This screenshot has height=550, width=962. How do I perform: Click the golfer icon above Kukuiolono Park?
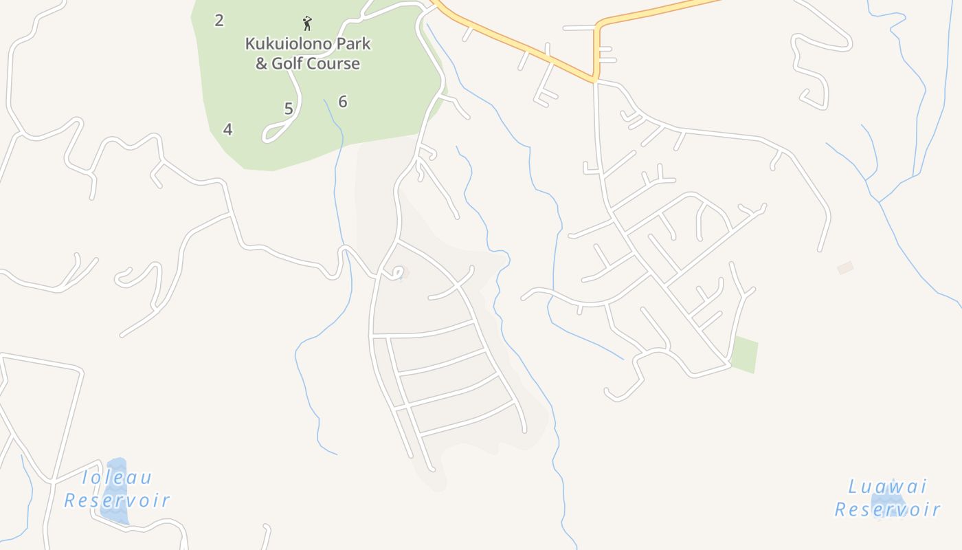pos(307,23)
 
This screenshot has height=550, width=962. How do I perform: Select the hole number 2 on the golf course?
pos(219,21)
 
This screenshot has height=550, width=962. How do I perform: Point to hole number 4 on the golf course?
pos(227,129)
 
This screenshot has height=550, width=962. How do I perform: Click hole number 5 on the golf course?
pos(289,109)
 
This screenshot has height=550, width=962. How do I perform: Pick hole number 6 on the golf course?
pos(342,102)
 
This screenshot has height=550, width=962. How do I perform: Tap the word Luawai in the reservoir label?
pos(887,487)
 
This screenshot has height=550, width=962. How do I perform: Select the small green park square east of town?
pos(744,355)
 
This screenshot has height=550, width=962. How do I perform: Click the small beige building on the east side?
pos(845,267)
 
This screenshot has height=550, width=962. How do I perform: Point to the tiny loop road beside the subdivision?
pos(397,273)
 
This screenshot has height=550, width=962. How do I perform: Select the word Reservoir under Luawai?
pos(887,509)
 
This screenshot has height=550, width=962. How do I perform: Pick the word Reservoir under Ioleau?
pos(117,500)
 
